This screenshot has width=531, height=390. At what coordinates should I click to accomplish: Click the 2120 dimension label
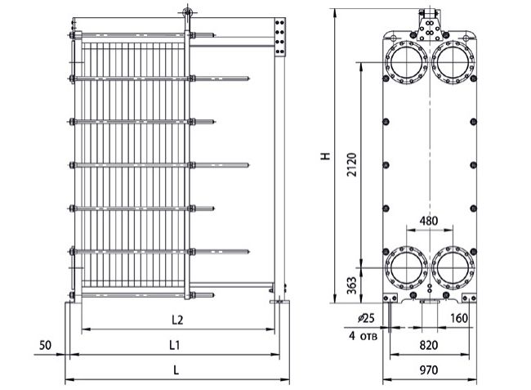(x=352, y=164)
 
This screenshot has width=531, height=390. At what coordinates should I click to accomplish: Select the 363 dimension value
(x=352, y=285)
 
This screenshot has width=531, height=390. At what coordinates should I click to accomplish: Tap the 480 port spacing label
(x=428, y=221)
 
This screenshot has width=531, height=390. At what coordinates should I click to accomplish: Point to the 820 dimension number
(x=429, y=345)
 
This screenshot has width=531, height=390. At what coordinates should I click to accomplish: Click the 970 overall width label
(x=429, y=370)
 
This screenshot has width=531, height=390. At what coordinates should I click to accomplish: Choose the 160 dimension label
(x=459, y=318)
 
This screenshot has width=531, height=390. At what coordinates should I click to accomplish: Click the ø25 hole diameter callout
(x=366, y=318)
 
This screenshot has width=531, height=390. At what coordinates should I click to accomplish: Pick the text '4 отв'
(x=363, y=336)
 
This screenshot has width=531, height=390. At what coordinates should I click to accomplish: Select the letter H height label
(x=326, y=156)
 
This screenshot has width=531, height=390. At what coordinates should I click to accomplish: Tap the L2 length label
(x=177, y=320)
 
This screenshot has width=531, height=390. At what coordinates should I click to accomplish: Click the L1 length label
(x=174, y=345)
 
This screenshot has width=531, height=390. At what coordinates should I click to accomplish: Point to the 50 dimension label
(x=45, y=345)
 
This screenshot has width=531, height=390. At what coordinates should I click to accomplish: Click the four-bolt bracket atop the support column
(x=279, y=38)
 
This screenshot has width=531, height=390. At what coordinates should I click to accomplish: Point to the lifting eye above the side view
(x=187, y=13)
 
